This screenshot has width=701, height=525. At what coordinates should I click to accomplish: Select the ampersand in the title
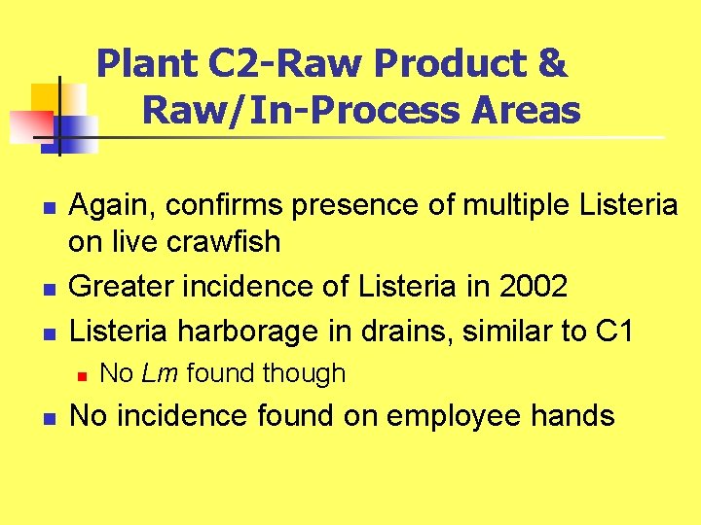click(x=551, y=64)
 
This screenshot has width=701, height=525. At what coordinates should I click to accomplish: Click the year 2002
click(x=534, y=287)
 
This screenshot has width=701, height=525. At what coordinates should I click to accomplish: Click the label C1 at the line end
click(x=612, y=331)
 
